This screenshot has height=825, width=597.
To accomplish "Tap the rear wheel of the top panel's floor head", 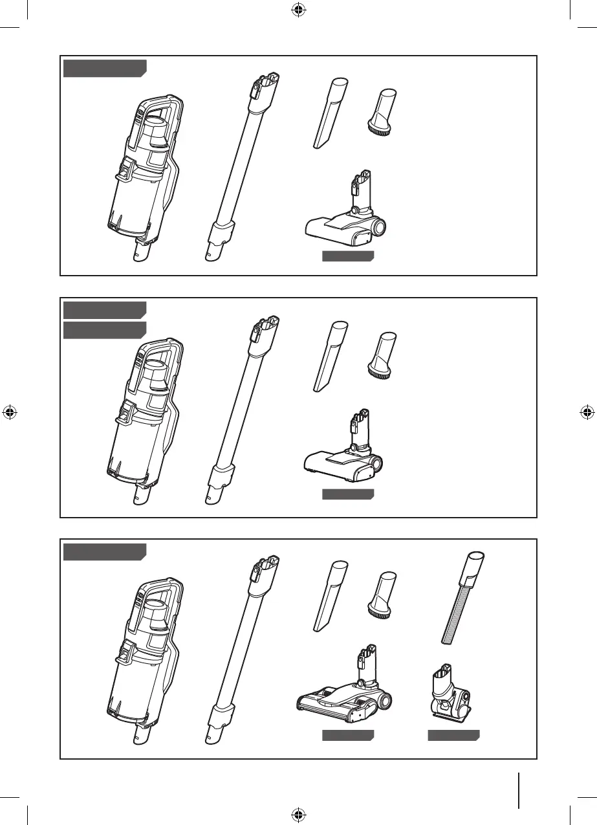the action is (x=377, y=227).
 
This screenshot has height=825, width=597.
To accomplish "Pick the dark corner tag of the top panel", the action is (x=104, y=68).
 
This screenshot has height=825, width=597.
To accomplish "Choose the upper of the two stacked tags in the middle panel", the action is (x=104, y=309).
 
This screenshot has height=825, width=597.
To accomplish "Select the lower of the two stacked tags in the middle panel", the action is (x=104, y=330).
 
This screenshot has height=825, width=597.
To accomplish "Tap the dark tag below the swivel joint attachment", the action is (x=453, y=736).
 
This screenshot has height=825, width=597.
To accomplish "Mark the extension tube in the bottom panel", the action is (x=241, y=647).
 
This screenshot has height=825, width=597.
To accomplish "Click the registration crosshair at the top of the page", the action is (x=298, y=10).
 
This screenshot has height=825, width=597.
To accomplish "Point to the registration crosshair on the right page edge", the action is (x=587, y=412).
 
